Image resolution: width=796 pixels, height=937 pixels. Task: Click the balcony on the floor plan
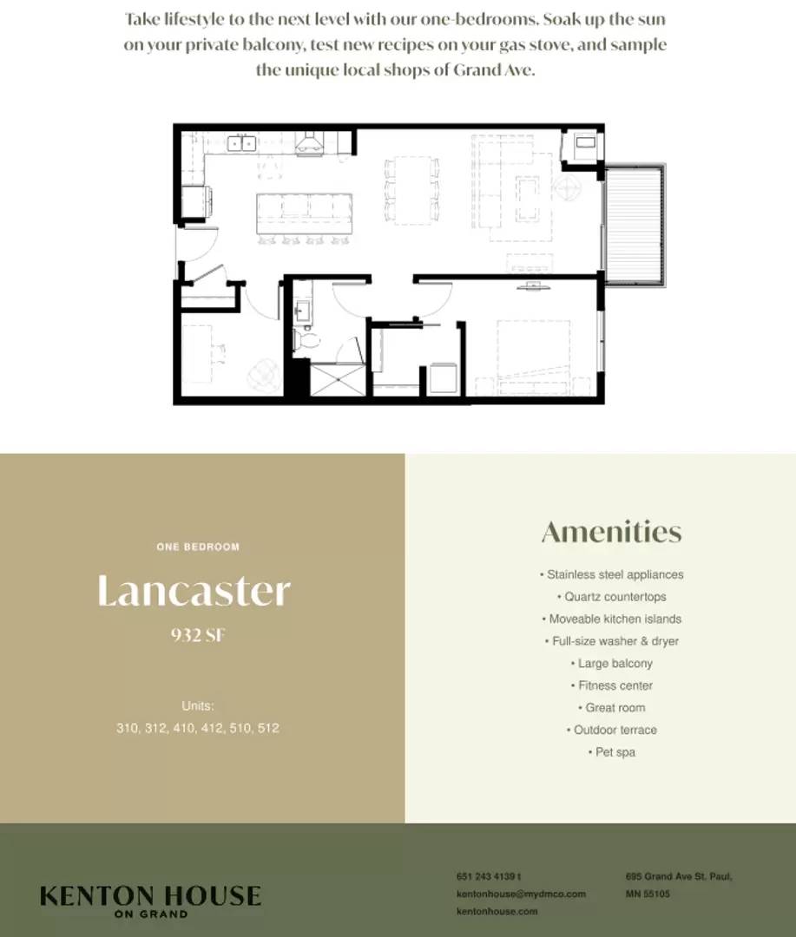635,226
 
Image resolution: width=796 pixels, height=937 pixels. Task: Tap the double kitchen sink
241,143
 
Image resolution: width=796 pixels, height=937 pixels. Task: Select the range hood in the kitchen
309,144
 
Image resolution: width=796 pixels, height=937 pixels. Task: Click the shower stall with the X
338,379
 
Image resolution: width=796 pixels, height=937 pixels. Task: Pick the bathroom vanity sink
302,311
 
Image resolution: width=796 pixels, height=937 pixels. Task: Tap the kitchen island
304,213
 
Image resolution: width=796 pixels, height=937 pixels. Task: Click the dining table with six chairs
411,191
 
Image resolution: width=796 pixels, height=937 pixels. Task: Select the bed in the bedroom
533,357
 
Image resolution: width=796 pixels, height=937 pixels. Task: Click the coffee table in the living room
528,199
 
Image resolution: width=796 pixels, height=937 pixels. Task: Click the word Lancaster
194,591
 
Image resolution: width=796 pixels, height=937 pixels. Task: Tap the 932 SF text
198,634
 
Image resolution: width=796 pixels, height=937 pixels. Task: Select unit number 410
184,728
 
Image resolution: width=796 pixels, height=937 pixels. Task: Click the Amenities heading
611,532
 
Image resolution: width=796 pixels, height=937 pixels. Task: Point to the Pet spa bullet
611,751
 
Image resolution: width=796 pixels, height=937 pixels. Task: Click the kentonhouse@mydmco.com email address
521,894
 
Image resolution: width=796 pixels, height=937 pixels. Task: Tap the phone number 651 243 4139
486,876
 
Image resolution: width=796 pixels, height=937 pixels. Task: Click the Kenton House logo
150,901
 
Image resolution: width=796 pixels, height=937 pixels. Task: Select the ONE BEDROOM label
198,547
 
